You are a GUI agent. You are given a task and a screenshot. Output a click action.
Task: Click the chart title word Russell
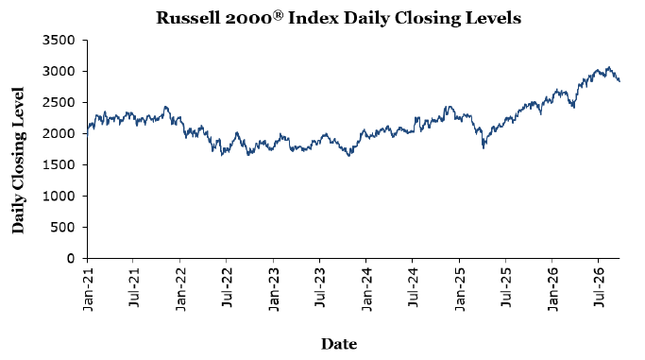[x=188, y=18]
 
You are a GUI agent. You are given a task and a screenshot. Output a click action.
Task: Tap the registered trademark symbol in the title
[x=279, y=15]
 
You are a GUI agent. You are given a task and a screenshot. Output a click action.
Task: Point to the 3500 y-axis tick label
[x=59, y=40]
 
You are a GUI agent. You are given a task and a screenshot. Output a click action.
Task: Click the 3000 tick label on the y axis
[x=59, y=71]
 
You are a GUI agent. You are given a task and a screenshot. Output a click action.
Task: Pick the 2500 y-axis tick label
[x=59, y=102]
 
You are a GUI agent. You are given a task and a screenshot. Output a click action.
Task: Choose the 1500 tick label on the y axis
[x=59, y=164]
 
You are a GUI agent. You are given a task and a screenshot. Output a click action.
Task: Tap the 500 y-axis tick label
[x=62, y=227]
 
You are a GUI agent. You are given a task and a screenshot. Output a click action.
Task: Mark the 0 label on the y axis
[x=71, y=258]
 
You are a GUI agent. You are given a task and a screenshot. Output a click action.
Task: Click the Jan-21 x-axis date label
[x=88, y=289]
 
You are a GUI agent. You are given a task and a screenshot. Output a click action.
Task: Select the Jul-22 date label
[x=227, y=287]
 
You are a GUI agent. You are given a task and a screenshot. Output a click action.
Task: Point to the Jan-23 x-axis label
[x=274, y=289]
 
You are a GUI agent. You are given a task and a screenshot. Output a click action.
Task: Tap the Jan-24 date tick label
[x=366, y=289]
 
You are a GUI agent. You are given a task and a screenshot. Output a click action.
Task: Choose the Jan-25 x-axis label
[x=460, y=289]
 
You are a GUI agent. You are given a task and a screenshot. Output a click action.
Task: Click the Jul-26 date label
[x=599, y=287]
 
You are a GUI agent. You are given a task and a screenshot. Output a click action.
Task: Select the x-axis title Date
[x=339, y=344]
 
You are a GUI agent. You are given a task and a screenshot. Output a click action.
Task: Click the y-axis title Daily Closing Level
[x=19, y=161]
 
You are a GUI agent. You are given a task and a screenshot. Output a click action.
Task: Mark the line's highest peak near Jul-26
[x=609, y=67]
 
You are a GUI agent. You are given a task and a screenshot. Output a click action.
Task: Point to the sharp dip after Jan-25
[x=484, y=147]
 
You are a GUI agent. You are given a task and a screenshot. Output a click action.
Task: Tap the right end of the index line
[x=620, y=81]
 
